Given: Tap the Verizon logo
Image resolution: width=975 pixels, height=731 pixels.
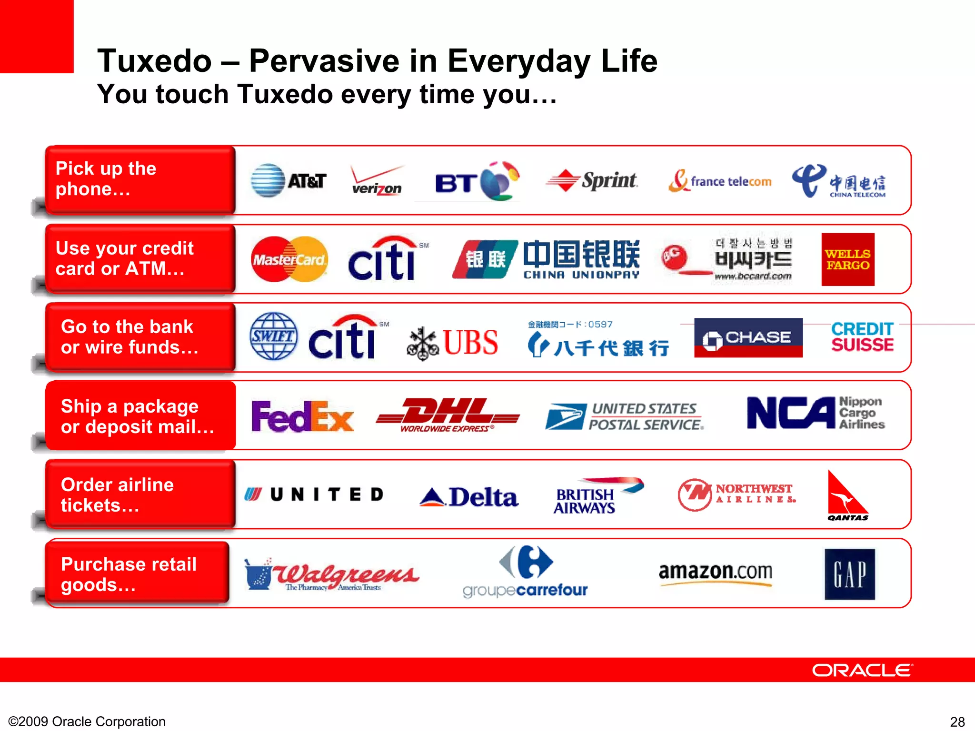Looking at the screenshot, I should pos(377,181).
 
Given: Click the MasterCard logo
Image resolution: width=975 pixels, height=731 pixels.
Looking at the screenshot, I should pos(289,259).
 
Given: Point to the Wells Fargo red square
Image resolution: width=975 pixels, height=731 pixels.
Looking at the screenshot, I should pos(847,259).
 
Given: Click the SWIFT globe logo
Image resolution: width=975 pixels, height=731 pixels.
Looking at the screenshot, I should pos(273,336).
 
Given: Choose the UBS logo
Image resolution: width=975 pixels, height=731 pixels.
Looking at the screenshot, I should pos(453,342).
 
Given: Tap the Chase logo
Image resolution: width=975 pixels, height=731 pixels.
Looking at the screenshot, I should pos(748,337).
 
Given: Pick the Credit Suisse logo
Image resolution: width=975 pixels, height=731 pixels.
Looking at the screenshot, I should pos(862,336).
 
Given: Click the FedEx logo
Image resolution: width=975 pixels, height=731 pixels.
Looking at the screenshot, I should pos(303,416).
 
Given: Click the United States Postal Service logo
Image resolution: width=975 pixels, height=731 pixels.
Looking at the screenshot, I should pos(624,416).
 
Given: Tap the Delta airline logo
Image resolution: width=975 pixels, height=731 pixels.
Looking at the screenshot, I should pos(469,497).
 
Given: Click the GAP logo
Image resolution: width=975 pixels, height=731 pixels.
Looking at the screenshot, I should pos(849,574).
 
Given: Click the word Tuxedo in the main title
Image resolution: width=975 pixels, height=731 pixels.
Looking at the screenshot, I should pos(154,61).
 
